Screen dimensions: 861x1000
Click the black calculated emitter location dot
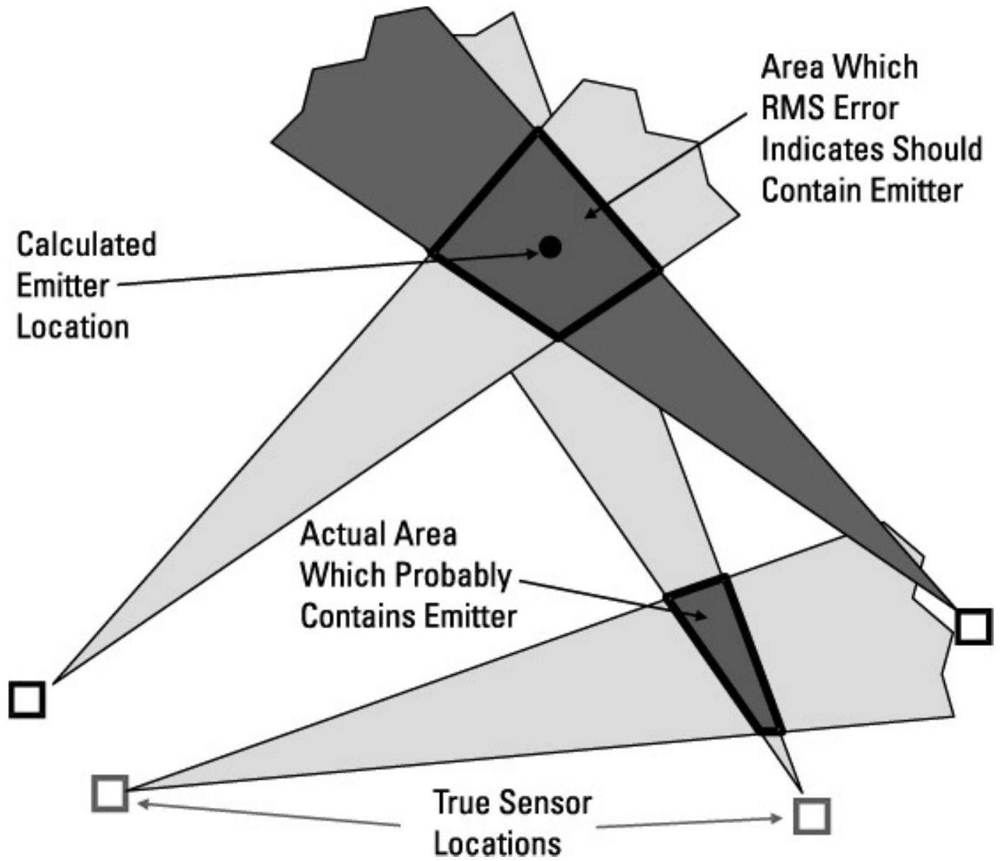tap(550, 247)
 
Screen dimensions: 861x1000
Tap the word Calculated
tap(86, 245)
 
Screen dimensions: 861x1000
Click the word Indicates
tap(822, 150)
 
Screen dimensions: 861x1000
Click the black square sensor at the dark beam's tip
tap(973, 626)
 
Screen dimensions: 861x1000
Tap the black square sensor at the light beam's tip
tap(28, 700)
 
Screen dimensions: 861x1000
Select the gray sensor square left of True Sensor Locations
tap(110, 792)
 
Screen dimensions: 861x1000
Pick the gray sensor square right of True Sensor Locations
tap(811, 816)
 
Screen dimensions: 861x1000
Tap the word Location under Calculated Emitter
tap(73, 328)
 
